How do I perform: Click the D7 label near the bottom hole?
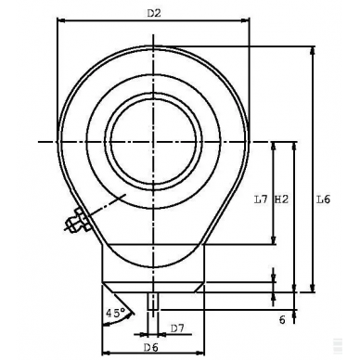(178, 327)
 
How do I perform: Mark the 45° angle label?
(115, 313)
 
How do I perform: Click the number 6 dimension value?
(279, 319)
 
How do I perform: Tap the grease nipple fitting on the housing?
(74, 222)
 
